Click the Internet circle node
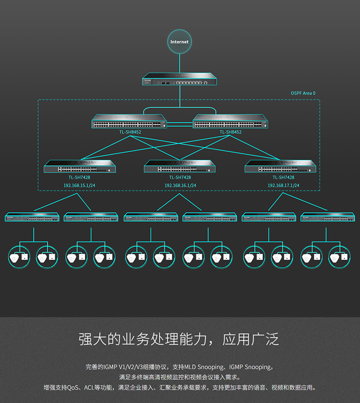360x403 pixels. pos(180,42)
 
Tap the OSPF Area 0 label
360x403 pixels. pos(303,93)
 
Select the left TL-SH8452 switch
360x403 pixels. pos(130,121)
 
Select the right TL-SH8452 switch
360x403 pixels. pos(230,121)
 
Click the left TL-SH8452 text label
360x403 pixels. pos(130,132)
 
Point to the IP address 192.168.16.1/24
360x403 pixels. pos(180,185)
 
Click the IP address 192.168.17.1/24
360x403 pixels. pos(283,185)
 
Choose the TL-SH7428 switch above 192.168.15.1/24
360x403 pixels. pos(80,167)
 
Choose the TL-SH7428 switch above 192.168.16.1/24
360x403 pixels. pos(180,167)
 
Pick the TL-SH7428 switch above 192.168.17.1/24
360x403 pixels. pos(280,167)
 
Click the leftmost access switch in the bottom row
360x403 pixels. pos(32,217)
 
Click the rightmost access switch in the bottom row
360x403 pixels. pos(327,217)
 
